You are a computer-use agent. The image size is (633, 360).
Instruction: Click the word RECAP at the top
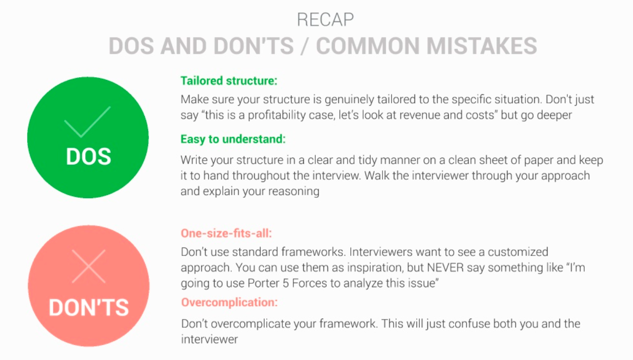coord(325,20)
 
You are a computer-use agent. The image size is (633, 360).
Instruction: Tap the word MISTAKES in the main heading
coord(482,46)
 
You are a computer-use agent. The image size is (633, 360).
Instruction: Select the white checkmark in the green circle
coord(88,122)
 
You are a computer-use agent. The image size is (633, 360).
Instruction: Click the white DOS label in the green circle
coord(88,156)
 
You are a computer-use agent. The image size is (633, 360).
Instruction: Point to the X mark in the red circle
coord(89,266)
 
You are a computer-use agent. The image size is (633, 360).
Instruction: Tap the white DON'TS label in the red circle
coord(89,308)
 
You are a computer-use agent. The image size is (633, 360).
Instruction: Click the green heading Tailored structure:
coord(229,81)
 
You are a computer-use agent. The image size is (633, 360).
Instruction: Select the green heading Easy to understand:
coord(233,139)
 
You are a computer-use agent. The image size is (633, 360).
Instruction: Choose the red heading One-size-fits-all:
coord(226,234)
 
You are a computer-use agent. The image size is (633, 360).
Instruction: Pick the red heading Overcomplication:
coord(229,303)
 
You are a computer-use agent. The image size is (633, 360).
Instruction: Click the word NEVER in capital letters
coord(445,268)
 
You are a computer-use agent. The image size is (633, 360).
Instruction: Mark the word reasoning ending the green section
coord(294,192)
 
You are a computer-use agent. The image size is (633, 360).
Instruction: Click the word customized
coord(518,252)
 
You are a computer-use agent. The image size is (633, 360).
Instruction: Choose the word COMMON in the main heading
coord(368,46)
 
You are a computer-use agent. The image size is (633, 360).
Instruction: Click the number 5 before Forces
coord(285,283)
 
